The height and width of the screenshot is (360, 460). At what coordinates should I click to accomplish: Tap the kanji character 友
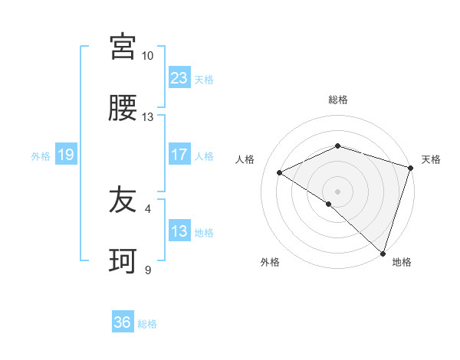tap(123, 200)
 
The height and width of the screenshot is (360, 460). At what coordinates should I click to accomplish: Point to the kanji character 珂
tap(123, 262)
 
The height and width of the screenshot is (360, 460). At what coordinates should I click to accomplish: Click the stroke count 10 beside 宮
tap(147, 56)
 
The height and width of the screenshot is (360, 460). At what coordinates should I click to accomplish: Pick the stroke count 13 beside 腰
tap(147, 117)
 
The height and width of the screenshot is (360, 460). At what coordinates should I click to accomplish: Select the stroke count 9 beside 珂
tap(148, 270)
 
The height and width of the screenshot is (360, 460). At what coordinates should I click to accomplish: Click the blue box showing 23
tap(179, 77)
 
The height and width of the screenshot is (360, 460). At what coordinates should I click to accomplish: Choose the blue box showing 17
tap(179, 155)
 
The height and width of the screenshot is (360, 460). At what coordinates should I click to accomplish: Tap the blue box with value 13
tap(179, 231)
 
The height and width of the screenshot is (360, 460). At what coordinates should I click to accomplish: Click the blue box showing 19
tap(65, 155)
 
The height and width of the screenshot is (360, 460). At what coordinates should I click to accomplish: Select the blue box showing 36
tap(123, 322)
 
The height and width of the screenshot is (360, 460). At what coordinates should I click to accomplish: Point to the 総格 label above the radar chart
tap(337, 100)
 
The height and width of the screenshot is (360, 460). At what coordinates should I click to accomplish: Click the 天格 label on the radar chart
tap(431, 159)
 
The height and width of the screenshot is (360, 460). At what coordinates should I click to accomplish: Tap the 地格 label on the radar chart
tap(402, 262)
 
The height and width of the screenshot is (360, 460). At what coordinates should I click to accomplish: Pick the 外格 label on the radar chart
tap(270, 262)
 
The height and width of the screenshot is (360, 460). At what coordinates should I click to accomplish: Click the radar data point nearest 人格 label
tap(280, 172)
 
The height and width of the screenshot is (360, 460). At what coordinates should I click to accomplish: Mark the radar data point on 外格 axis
tap(328, 204)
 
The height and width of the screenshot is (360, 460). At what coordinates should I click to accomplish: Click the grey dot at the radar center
tap(337, 191)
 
